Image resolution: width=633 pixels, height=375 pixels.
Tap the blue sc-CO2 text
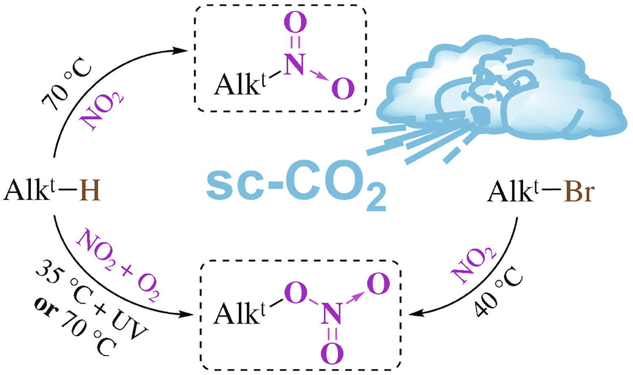296,187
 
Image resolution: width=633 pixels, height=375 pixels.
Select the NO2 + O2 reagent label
119,265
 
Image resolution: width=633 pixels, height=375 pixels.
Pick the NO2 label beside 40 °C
474,264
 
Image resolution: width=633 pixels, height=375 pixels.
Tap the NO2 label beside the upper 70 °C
102,110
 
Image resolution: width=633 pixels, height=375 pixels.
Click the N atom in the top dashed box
295,65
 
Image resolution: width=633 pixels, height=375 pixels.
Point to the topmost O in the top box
295,22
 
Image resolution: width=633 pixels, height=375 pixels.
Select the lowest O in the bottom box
332,354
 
